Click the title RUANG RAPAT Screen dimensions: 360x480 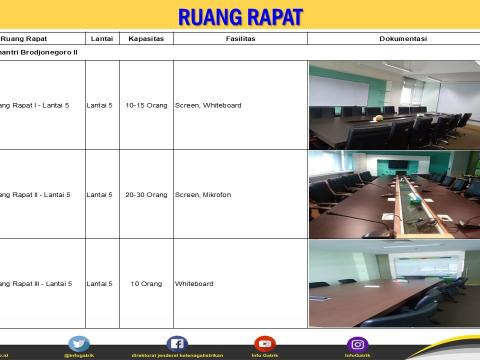[240, 16]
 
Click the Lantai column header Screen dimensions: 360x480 [101, 38]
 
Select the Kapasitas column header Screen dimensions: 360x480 [146, 38]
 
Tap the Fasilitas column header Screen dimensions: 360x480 [240, 38]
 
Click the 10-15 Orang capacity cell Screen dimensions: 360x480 [146, 104]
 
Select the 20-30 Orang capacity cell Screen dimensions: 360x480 [146, 194]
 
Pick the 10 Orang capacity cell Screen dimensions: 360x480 [146, 283]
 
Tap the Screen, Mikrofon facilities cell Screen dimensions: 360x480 [203, 194]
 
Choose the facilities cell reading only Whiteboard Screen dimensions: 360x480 [194, 283]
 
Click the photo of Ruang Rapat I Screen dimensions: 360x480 [393, 105]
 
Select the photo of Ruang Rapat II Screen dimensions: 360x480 [393, 194]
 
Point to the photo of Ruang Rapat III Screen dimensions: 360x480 [393, 283]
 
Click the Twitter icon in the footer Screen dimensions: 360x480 [79, 344]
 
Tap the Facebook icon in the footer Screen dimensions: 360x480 [177, 344]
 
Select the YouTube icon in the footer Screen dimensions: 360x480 [264, 344]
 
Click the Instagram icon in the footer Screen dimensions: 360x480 [357, 344]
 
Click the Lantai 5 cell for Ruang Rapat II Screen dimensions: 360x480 [100, 194]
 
